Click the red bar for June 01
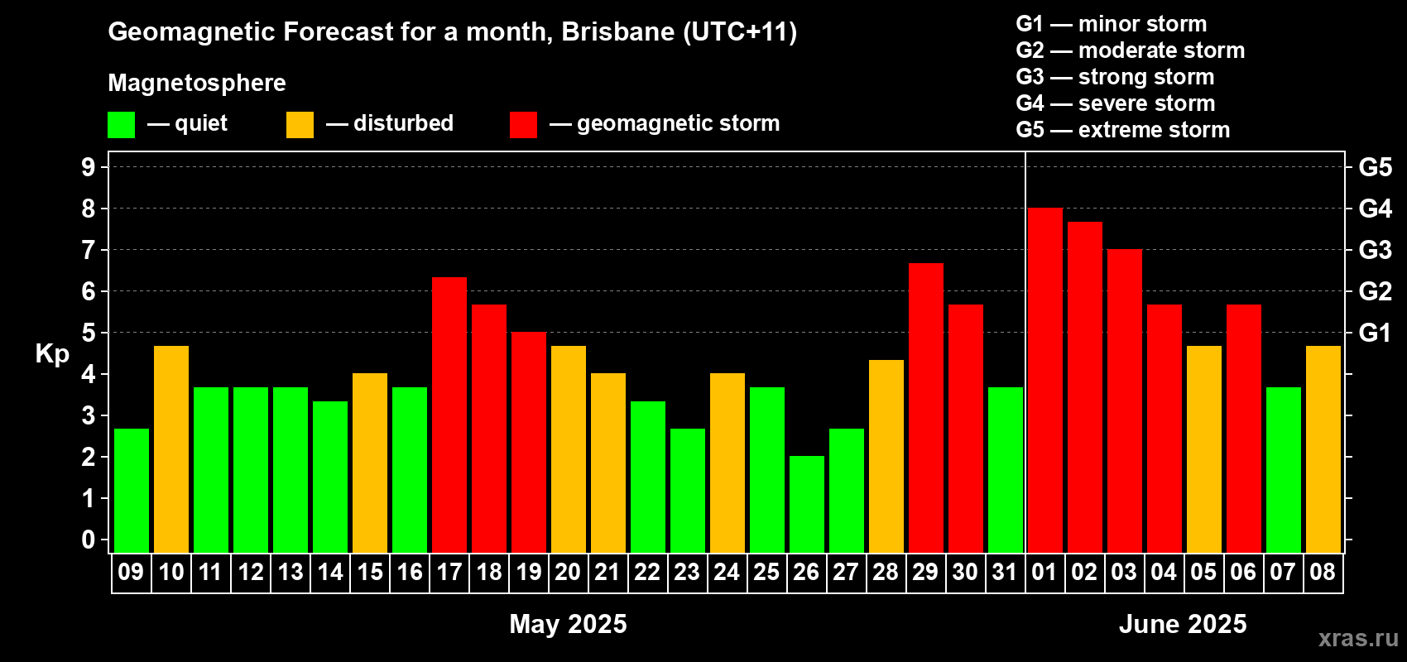1045,380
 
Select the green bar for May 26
806,504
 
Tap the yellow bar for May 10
171,449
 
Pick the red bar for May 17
449,415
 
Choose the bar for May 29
926,408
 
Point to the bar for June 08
1323,449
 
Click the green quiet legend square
121,124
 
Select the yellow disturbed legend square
300,124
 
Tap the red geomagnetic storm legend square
524,124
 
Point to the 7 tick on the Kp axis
88,250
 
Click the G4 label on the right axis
1375,209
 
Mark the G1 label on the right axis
1375,333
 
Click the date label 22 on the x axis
647,572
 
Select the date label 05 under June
1203,572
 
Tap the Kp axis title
52,354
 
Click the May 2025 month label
568,624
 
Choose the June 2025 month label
1183,624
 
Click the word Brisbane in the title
618,32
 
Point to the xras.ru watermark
1358,639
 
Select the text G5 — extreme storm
1123,130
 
